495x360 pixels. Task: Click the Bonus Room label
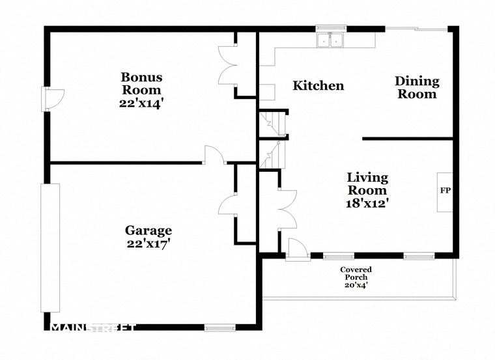tap(141, 83)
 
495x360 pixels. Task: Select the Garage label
tap(148, 230)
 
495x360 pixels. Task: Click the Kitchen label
tap(318, 86)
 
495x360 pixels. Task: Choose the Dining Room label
tap(417, 87)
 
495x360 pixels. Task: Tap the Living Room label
tap(367, 184)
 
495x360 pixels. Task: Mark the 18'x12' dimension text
tap(367, 203)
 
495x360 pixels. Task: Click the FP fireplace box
tap(445, 192)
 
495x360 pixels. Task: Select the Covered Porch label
tap(356, 273)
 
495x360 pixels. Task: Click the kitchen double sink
tap(330, 40)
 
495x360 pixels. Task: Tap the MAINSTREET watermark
tap(93, 327)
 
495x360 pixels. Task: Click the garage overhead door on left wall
tap(50, 247)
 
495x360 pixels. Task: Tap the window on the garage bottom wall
tap(219, 327)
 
